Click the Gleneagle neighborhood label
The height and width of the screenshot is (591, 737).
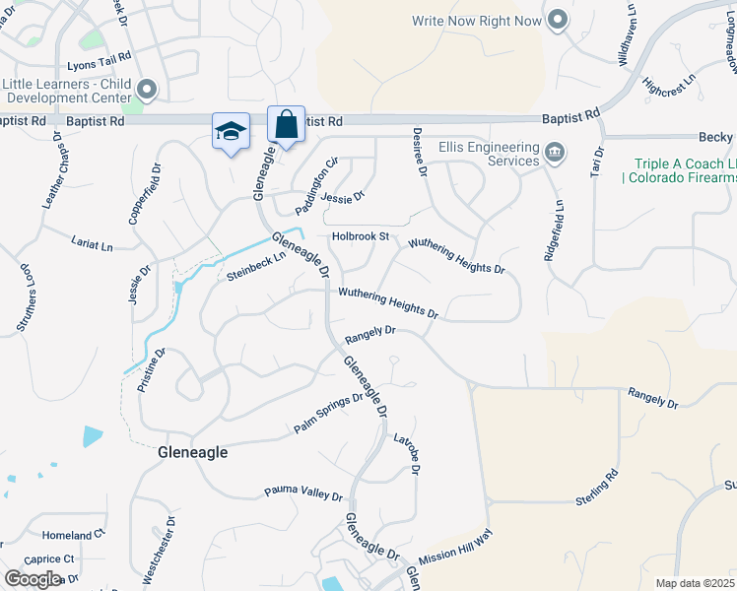(x=193, y=452)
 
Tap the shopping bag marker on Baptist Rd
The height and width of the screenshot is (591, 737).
(x=286, y=126)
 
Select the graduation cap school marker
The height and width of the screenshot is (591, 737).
(x=231, y=132)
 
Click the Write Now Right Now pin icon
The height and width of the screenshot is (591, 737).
(x=557, y=20)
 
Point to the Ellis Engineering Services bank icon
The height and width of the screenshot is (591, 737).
(x=555, y=153)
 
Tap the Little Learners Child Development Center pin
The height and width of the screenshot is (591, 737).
(x=147, y=91)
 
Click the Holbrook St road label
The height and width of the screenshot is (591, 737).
(x=361, y=236)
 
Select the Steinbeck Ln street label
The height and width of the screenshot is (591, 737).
(x=255, y=267)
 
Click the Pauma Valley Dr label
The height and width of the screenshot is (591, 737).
(x=302, y=492)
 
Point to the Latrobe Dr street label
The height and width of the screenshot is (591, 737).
(x=407, y=455)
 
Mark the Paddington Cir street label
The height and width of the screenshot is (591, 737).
(x=318, y=176)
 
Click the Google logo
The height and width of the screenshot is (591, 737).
(x=33, y=578)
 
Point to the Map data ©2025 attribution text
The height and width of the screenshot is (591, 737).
(x=695, y=583)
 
